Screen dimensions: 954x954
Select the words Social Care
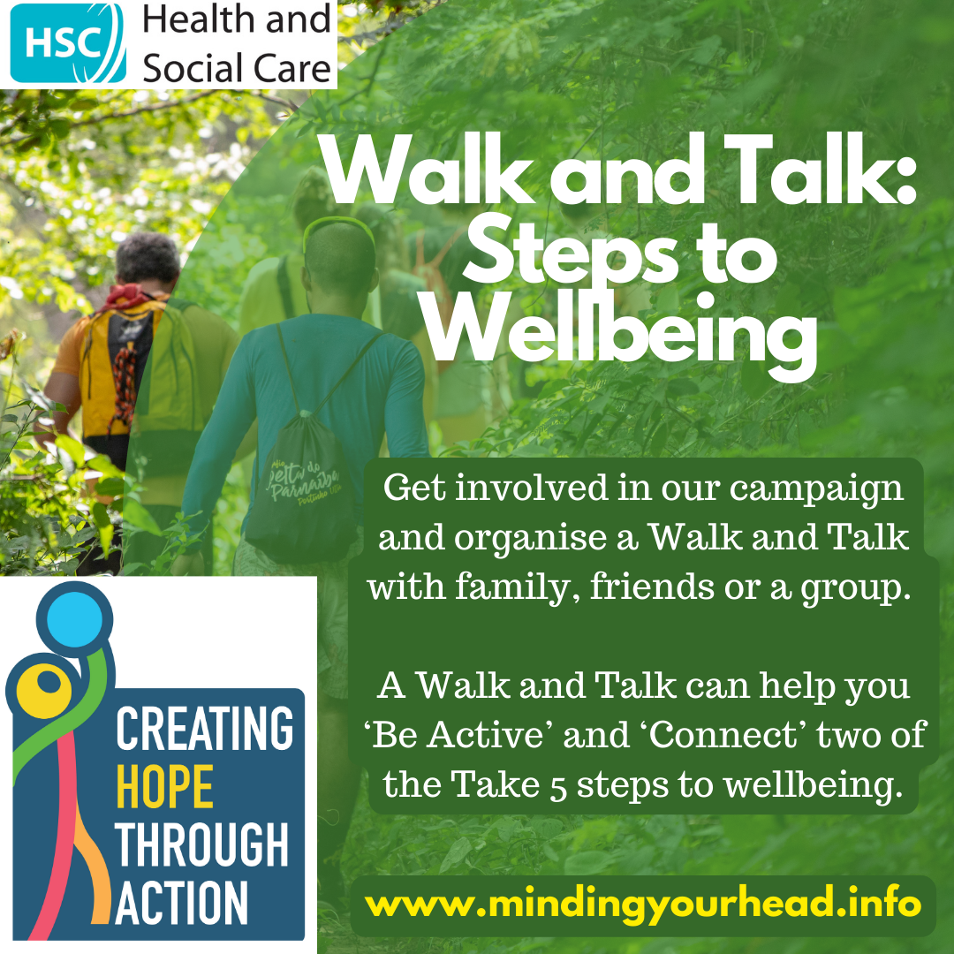[x=237, y=67]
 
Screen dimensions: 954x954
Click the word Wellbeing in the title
[x=620, y=335]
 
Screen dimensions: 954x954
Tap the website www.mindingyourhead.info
[x=642, y=905]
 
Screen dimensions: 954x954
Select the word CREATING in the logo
[x=204, y=728]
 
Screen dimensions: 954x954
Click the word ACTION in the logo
[x=181, y=903]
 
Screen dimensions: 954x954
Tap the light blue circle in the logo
[x=74, y=619]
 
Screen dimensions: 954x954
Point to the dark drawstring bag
[x=301, y=486]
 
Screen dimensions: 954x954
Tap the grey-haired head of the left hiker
[x=148, y=259]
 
